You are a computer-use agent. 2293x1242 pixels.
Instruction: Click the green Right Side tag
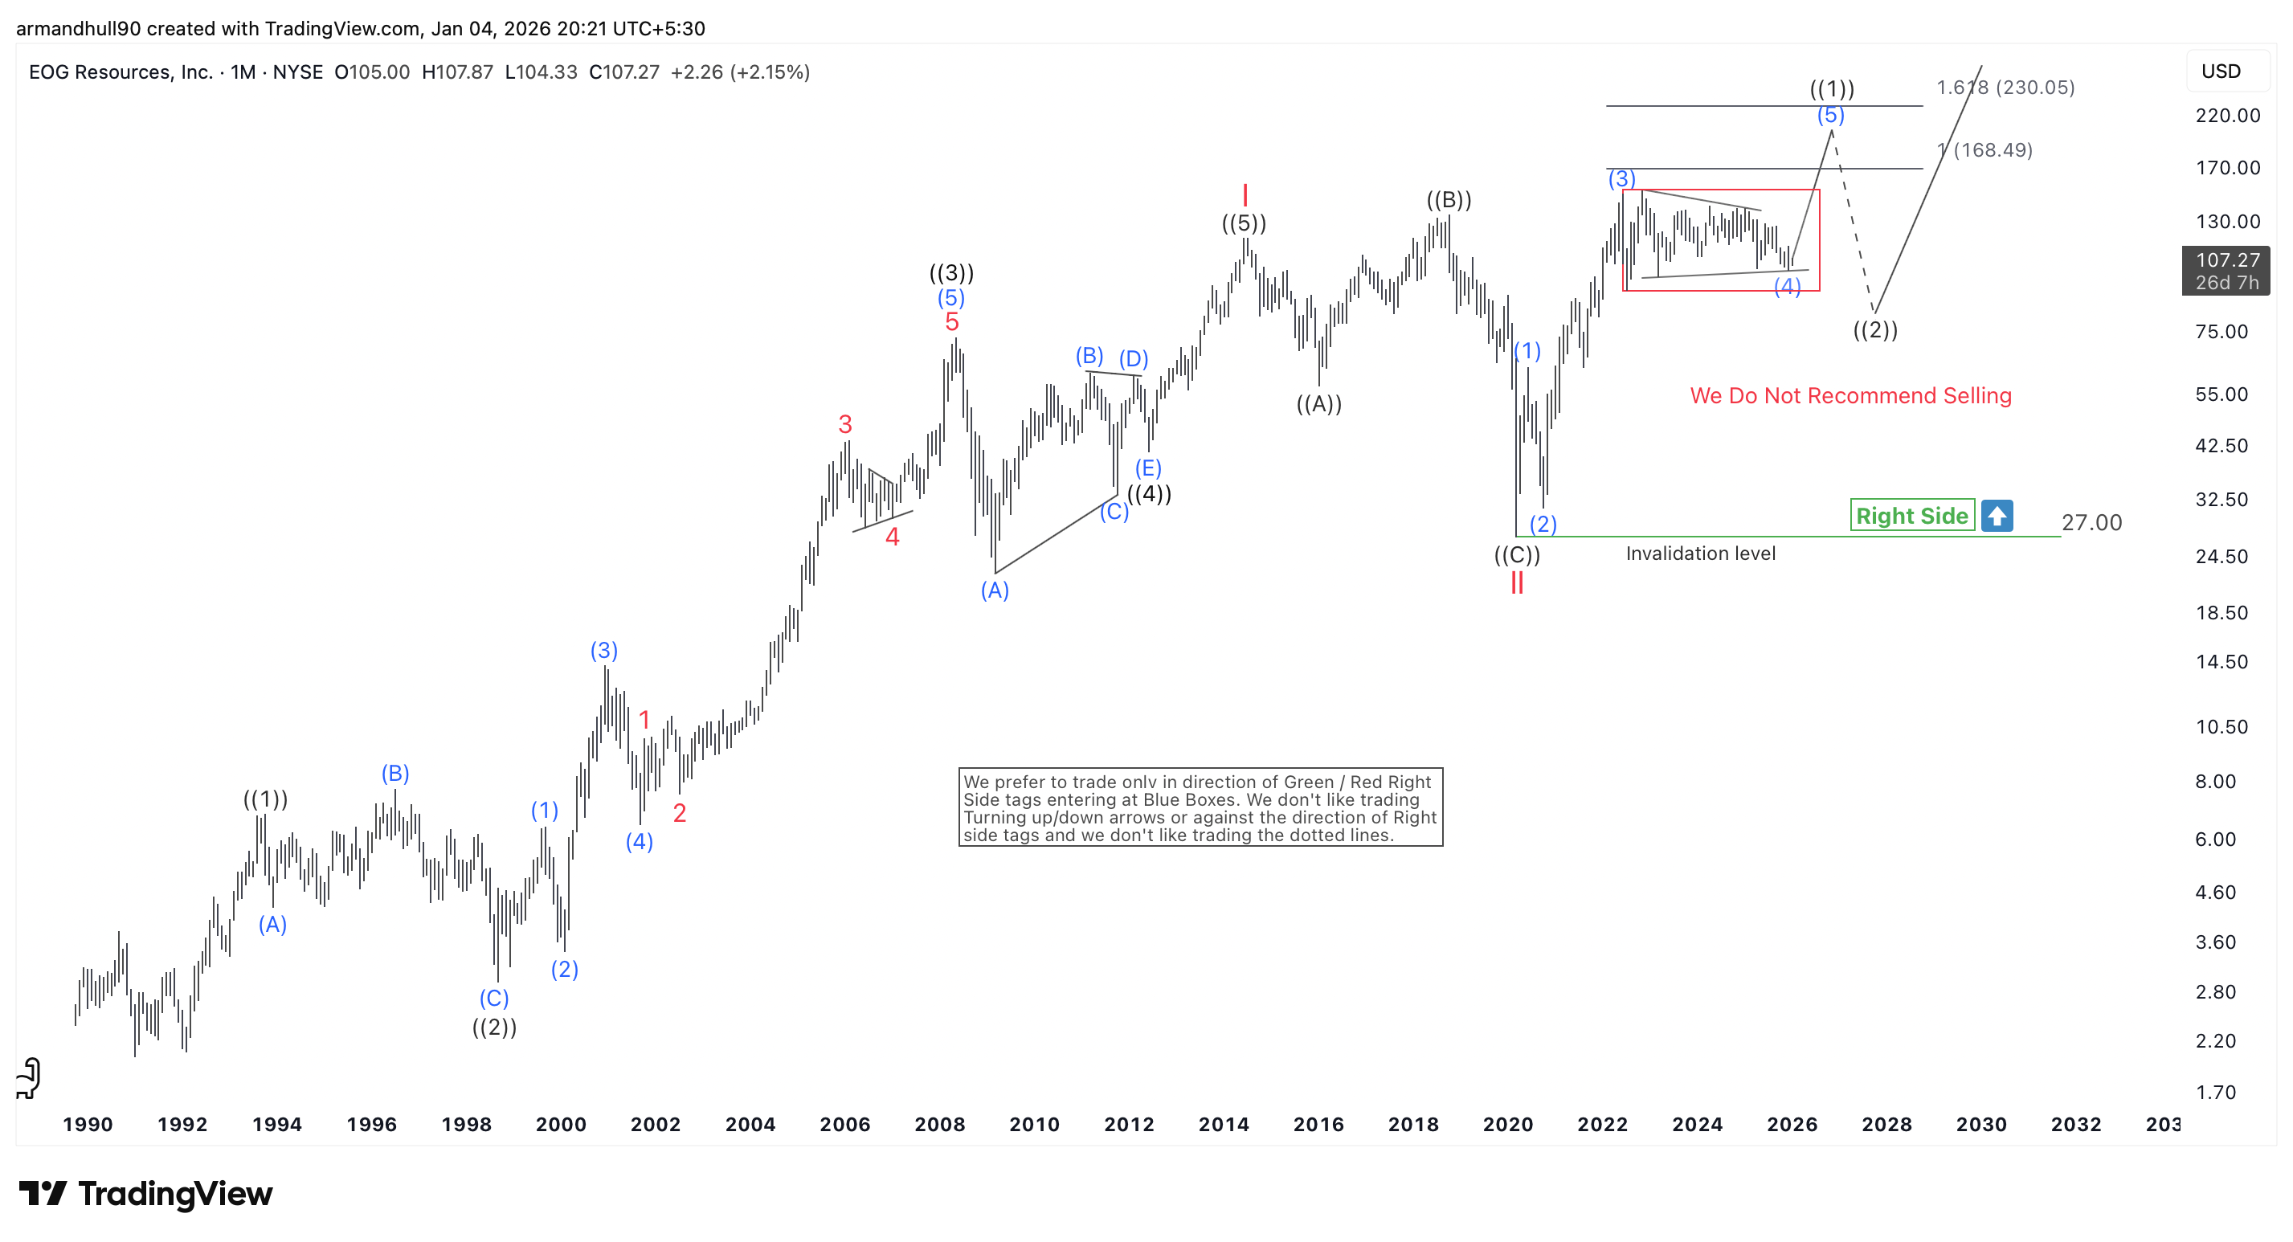tap(1911, 516)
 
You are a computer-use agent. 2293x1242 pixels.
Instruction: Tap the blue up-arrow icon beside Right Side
tap(1997, 516)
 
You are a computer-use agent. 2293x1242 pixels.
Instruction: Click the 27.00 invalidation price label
tap(2091, 523)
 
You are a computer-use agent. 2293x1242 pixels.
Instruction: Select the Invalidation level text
tap(1699, 554)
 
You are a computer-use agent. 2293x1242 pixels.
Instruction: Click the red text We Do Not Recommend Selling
tap(1850, 395)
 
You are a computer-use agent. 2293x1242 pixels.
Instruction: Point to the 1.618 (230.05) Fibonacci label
tap(2005, 88)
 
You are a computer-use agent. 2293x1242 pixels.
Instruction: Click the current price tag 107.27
tap(2226, 260)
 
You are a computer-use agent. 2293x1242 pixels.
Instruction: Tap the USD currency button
tap(2220, 71)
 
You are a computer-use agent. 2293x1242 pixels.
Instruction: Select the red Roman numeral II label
tap(1517, 583)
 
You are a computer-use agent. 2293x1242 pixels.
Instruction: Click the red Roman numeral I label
tap(1245, 195)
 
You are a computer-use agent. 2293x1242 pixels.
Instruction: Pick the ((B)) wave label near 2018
tap(1449, 199)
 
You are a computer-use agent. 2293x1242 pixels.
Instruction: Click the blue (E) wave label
tap(1147, 468)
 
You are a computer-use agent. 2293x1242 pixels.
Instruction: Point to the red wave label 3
tap(844, 424)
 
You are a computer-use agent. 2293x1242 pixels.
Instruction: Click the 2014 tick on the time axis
tap(1223, 1125)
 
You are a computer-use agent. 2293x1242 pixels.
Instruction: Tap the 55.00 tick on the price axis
tap(2221, 394)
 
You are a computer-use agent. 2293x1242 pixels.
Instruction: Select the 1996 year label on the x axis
tap(371, 1125)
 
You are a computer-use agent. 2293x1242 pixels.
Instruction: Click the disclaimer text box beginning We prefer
tap(1199, 807)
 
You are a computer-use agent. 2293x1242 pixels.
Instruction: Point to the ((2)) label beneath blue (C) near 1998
tap(494, 1028)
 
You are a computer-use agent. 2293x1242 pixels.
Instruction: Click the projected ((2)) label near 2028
tap(1874, 330)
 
